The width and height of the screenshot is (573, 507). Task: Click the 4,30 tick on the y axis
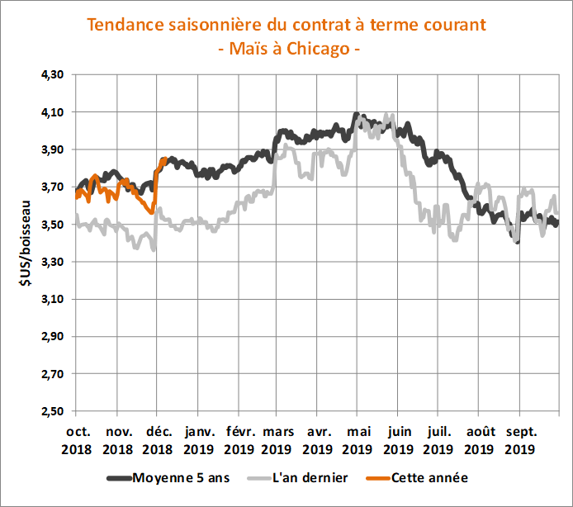point(52,74)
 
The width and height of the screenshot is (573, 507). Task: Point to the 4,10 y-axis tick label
point(52,111)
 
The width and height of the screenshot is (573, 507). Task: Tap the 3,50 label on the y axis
point(52,225)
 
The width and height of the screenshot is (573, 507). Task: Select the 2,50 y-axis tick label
point(52,411)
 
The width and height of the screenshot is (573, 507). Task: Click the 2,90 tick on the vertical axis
point(52,337)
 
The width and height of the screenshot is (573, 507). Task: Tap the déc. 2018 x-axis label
point(157,439)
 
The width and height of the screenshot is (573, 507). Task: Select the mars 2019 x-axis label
point(278,439)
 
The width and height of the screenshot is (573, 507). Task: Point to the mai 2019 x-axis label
point(358,439)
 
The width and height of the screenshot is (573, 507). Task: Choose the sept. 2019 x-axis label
point(520,439)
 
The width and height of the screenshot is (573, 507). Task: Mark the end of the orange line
point(166,159)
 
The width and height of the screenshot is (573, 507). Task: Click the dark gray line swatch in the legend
point(120,477)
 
